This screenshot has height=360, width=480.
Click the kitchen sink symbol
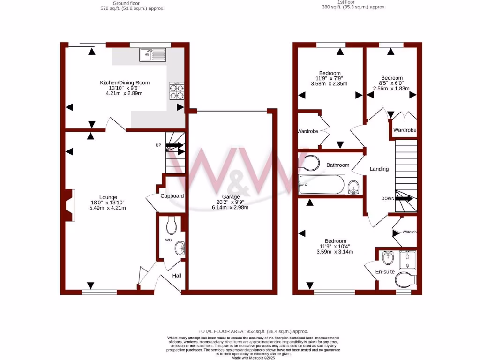tap(152, 55)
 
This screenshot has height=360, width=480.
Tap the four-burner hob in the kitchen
tap(176, 91)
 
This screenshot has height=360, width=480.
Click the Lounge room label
tap(108, 197)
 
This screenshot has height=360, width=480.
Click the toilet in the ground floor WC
tap(172, 226)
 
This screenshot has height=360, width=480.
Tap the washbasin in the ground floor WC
tap(181, 247)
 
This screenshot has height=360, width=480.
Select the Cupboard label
tap(172, 196)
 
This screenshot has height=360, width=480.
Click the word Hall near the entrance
tap(177, 276)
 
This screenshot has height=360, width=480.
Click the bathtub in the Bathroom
tap(322, 184)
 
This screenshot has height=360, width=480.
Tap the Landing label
tap(379, 169)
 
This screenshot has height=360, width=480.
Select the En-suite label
tap(385, 271)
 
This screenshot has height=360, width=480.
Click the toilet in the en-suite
tap(406, 281)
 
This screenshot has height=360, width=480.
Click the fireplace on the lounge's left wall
tap(69, 205)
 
